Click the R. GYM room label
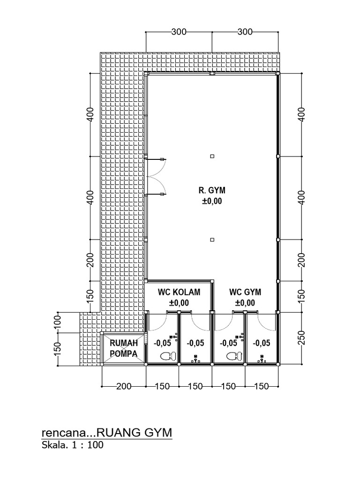[x=212, y=190]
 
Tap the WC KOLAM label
[x=179, y=292]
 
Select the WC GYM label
[x=245, y=292]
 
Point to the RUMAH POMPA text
[x=123, y=348]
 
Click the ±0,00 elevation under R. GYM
[x=212, y=202]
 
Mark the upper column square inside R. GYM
[x=212, y=156]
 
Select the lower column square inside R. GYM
[x=212, y=240]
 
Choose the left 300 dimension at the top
[x=179, y=32]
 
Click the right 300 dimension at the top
[x=245, y=32]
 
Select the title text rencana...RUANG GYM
[x=107, y=432]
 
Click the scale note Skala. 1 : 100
[x=73, y=445]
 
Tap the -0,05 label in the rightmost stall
[x=261, y=343]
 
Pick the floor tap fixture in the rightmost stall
[x=261, y=359]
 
